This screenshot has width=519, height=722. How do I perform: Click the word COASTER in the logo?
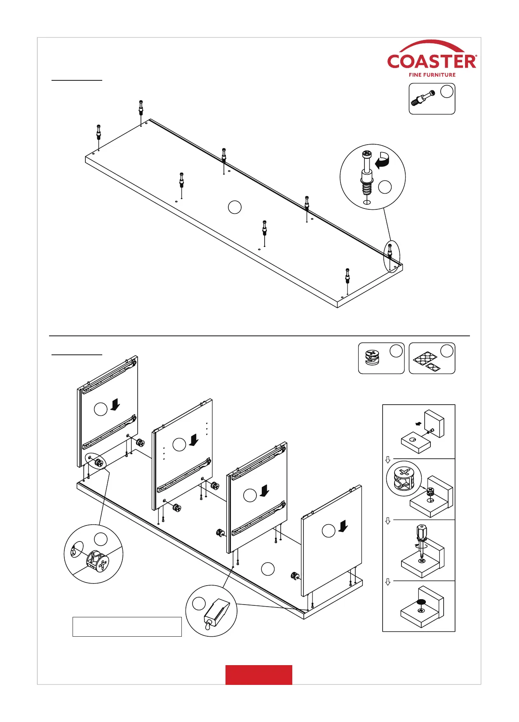[432, 62]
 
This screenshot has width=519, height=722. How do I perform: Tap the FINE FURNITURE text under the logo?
[432, 75]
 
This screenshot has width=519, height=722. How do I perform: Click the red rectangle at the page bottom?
[258, 675]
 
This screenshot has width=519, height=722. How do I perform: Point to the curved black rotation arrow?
[383, 161]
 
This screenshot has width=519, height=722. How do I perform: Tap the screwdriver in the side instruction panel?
[421, 540]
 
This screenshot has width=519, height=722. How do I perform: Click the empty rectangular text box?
[127, 626]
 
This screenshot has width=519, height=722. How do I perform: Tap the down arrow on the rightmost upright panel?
[343, 526]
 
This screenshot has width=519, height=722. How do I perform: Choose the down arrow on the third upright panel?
[265, 490]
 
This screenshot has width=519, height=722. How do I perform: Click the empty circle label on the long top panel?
[235, 207]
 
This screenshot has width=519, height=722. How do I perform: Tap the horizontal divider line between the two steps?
[259, 336]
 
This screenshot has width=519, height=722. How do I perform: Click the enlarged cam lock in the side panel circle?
[404, 478]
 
